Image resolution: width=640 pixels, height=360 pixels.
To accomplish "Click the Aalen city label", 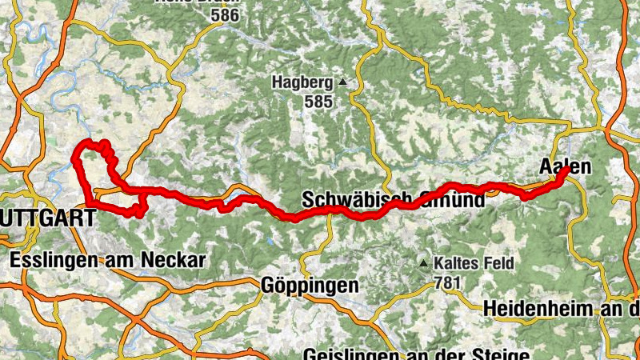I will [x=565, y=167].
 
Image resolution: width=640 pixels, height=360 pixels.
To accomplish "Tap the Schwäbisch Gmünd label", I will [x=394, y=199].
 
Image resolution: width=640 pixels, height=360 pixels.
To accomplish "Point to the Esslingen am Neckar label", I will [x=108, y=260].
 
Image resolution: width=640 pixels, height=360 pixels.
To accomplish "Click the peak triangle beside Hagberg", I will [x=343, y=82].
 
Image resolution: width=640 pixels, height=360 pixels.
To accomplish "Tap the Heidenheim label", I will [x=560, y=308].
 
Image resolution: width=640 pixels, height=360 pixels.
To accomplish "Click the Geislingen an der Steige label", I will [x=416, y=354].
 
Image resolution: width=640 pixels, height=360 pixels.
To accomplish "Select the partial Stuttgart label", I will [x=48, y=216].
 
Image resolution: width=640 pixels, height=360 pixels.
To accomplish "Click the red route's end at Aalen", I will [x=566, y=170].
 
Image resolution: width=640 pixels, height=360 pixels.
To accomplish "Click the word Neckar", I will [x=178, y=260].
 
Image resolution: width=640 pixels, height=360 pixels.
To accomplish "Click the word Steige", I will [x=504, y=354].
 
